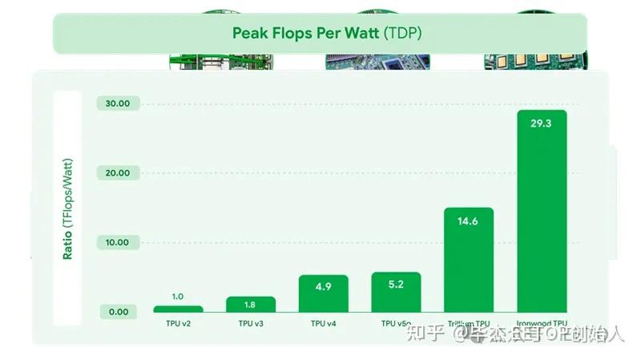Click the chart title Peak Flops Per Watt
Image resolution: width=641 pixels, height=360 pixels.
(305, 34)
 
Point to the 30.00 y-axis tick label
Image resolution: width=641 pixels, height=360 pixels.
(118, 103)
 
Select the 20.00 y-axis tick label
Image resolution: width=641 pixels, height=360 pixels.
(118, 173)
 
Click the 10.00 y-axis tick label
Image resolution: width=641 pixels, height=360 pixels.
(118, 242)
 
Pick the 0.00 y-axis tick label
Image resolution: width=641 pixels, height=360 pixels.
(118, 312)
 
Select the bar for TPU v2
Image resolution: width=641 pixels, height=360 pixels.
(178, 309)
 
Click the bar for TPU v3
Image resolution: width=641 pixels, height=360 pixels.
(251, 304)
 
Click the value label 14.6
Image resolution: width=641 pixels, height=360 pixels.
(469, 220)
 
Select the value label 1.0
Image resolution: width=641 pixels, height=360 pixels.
(178, 297)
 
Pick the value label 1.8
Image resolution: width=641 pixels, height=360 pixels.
(251, 305)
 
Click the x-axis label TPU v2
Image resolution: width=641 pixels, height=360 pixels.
(178, 324)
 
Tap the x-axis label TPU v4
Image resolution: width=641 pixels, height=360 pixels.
(323, 324)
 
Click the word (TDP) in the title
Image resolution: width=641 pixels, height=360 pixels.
(402, 34)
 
